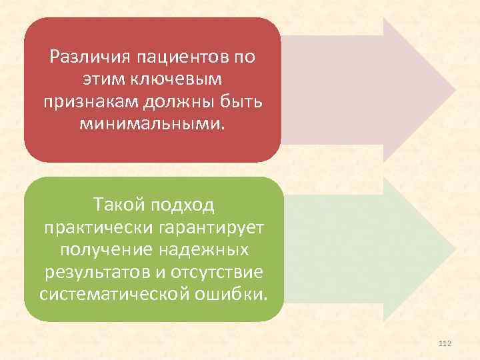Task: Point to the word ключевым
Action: [x=178, y=79]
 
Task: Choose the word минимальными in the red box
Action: [x=152, y=124]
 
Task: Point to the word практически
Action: [x=98, y=227]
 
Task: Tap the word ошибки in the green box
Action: [x=234, y=295]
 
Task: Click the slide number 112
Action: [x=446, y=343]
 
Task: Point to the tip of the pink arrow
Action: [x=456, y=90]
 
